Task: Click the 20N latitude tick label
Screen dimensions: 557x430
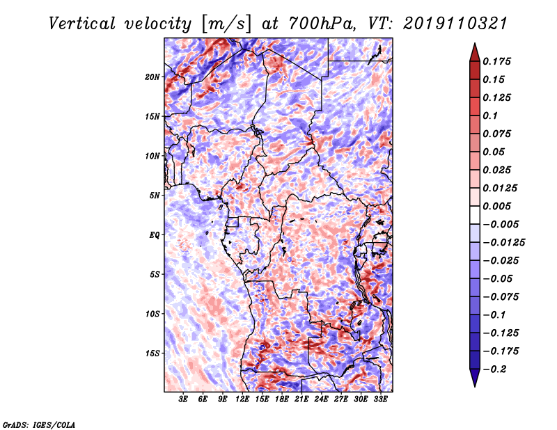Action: coord(152,77)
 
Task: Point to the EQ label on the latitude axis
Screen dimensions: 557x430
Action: coord(154,235)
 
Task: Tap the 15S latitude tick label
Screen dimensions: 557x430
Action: coord(152,353)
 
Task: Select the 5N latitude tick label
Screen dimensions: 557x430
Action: coord(154,196)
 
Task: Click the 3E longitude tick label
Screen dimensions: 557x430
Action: coord(183,399)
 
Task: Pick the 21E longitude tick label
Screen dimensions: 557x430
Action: coord(301,399)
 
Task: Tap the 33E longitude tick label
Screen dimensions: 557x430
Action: coord(380,399)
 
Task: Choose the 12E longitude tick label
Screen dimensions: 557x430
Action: coord(242,399)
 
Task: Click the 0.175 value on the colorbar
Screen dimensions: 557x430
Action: coord(496,61)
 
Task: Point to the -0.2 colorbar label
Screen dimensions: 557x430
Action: coord(494,369)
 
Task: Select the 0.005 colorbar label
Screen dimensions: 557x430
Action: coord(496,206)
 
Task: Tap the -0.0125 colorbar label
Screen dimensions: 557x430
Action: coord(503,243)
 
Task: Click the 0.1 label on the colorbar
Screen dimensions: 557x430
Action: coord(490,116)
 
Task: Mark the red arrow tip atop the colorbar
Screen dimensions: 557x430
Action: coord(475,43)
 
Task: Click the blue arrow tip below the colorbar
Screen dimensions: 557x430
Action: coord(475,386)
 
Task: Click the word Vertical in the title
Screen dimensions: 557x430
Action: coord(82,24)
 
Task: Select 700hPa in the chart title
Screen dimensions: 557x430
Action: coord(321,24)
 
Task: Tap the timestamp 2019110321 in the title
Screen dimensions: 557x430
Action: coord(455,24)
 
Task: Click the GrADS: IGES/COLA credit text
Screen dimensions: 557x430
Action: coord(39,424)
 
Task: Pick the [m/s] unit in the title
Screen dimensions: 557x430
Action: coord(227,24)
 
